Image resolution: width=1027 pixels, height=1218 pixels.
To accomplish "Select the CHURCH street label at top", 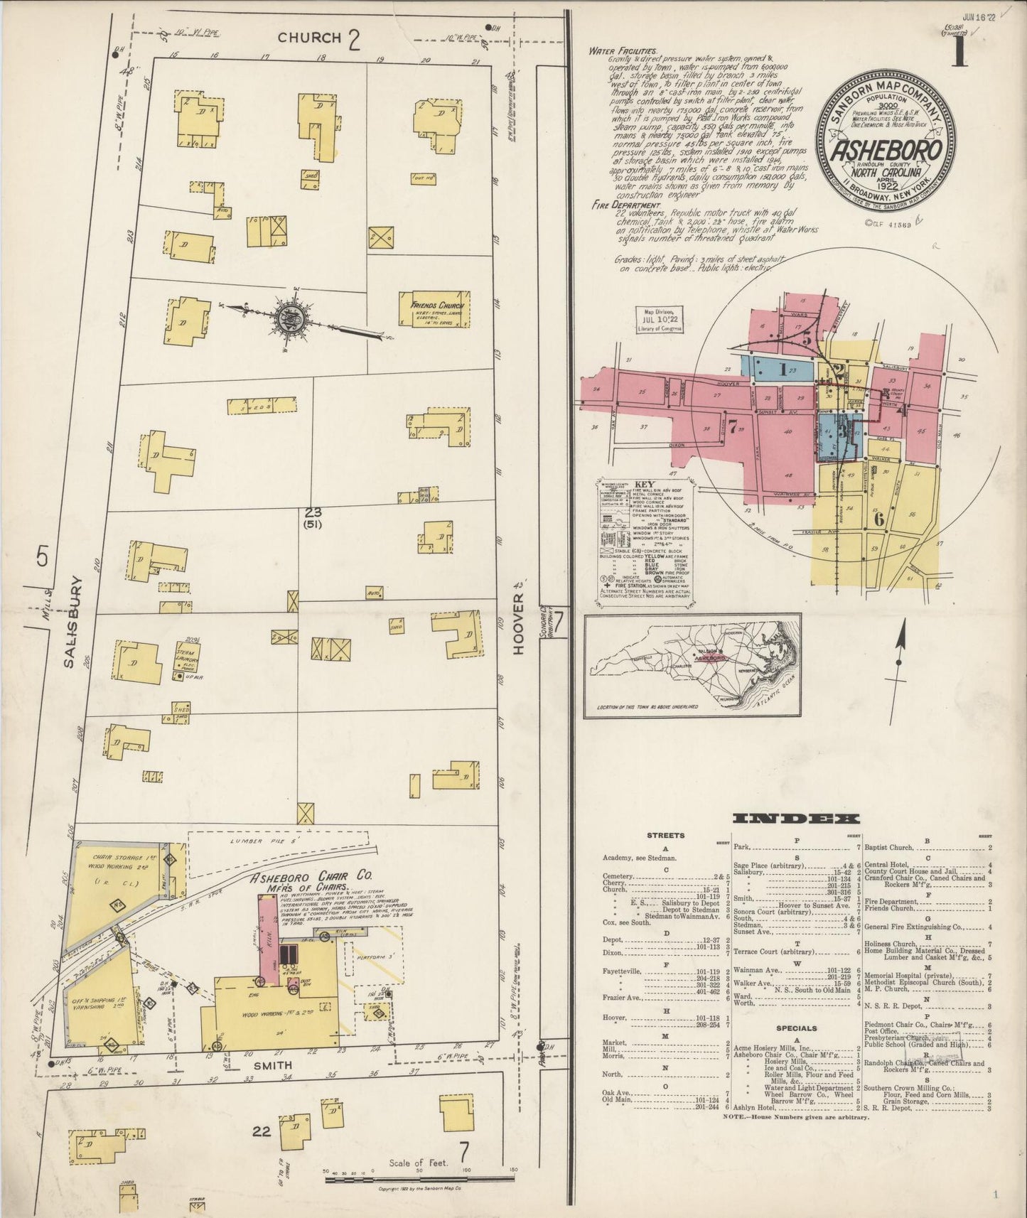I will [310, 38].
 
